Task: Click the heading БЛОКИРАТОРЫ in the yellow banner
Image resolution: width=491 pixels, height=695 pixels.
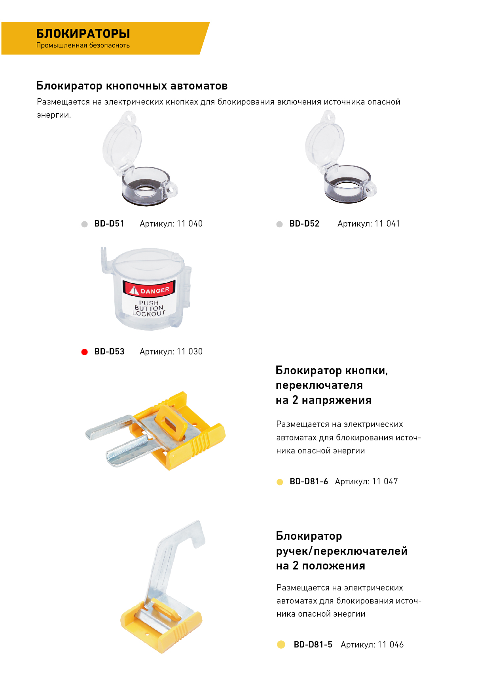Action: [83, 34]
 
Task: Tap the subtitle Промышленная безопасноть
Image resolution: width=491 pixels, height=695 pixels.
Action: [83, 45]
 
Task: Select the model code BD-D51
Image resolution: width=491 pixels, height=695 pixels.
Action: [109, 224]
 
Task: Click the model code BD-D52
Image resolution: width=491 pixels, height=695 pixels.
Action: [304, 224]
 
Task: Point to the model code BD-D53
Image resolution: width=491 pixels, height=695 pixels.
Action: [109, 352]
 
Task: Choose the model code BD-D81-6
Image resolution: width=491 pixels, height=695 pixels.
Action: [309, 482]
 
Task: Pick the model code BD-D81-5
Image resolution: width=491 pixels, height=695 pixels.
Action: [313, 645]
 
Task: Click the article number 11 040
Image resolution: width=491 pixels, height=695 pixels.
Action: [190, 224]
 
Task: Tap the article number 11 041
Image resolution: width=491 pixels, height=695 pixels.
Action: [387, 224]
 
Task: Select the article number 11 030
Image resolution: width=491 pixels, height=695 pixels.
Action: [190, 352]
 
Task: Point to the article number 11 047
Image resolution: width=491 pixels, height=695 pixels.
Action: [385, 482]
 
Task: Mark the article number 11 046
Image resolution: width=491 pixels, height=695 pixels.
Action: [391, 645]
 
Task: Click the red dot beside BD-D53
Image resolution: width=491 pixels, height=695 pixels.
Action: [84, 352]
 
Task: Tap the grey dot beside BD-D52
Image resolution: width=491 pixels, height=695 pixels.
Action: [279, 224]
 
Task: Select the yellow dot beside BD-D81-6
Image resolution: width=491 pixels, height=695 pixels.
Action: [280, 482]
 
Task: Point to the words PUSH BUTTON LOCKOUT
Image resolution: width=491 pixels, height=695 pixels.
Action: [149, 308]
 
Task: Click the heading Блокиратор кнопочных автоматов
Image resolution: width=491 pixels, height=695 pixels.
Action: [132, 86]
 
